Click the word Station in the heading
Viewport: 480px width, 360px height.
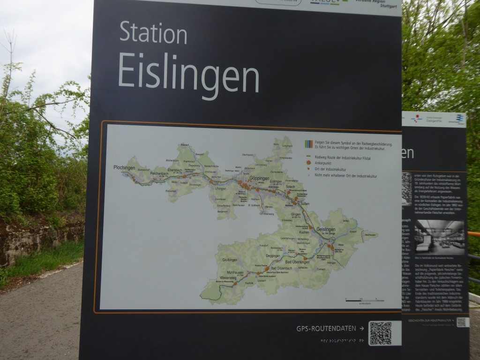(153, 33)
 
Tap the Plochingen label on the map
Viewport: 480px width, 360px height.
(124, 167)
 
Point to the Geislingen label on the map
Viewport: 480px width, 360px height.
(326, 229)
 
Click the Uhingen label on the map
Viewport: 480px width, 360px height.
(220, 188)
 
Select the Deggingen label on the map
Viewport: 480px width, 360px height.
(273, 255)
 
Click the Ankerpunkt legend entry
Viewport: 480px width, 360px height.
(324, 163)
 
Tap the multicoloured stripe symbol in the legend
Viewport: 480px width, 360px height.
(308, 144)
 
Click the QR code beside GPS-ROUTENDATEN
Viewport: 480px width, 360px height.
(380, 333)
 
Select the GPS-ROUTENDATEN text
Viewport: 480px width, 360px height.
(326, 329)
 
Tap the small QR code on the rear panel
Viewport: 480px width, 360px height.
(462, 322)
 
